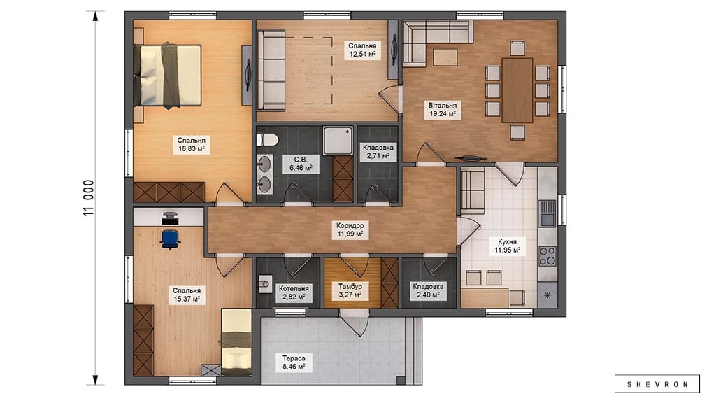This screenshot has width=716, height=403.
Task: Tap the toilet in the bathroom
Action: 267,140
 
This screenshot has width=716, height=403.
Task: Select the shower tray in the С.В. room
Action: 338,141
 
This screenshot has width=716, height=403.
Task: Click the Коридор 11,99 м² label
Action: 350,229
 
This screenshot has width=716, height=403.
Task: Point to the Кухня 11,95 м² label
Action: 508,246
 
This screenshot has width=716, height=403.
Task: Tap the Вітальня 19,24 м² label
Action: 442,110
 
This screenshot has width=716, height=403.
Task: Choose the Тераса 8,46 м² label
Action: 294,363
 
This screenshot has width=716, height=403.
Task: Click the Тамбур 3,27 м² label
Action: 350,290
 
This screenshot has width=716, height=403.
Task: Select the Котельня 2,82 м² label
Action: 294,292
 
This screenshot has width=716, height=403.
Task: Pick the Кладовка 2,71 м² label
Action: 378,152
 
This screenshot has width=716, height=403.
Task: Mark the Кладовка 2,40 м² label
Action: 428,290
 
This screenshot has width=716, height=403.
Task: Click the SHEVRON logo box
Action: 657,384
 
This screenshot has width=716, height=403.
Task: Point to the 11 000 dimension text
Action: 89,198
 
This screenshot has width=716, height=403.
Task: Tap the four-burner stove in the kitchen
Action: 547,256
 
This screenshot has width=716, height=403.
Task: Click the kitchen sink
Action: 547,213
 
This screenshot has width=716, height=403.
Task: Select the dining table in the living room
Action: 517,90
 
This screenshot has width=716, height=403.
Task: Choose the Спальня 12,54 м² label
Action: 363,50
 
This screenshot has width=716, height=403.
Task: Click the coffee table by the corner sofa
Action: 445,57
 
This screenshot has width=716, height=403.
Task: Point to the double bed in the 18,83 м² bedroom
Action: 168,76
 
